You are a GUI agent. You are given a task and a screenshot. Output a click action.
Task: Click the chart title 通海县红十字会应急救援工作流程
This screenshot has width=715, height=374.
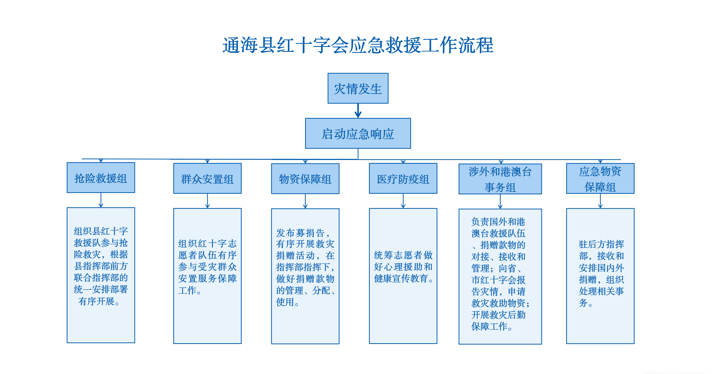[358, 45]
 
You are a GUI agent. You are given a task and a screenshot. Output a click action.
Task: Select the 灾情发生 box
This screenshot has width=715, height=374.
[358, 88]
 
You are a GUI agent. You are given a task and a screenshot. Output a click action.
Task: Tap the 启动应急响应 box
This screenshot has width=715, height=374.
[358, 133]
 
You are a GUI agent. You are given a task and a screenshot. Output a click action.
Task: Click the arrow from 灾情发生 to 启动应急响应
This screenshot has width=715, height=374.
[358, 111]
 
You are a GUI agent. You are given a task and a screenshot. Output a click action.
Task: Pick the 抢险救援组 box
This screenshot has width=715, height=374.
[101, 178]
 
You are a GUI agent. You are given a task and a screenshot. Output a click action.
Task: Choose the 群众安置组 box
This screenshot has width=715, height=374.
[207, 178]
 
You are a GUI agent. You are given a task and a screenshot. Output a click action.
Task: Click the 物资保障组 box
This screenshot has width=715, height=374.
[305, 179]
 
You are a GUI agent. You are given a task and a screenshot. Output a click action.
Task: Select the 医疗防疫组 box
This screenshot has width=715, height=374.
[403, 178]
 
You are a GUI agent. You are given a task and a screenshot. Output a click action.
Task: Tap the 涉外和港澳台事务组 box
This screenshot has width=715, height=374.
[500, 179]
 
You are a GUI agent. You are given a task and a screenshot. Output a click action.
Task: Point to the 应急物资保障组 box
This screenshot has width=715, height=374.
[600, 178]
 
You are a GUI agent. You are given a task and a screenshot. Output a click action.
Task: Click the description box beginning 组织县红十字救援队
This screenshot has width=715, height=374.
[101, 275]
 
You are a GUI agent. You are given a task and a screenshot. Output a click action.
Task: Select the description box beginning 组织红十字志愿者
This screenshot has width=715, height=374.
[207, 276]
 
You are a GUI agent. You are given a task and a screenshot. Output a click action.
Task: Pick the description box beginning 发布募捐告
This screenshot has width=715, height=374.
[305, 276]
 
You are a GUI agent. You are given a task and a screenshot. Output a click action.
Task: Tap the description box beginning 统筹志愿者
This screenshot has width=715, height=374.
[403, 276]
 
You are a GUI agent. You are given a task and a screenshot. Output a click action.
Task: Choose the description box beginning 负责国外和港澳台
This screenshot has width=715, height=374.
[500, 277]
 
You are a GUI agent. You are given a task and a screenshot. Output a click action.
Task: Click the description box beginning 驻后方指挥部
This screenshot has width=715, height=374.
[600, 276]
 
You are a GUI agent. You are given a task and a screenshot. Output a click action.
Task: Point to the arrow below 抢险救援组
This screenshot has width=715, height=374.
[101, 200]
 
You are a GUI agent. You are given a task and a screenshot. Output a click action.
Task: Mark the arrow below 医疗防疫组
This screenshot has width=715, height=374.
[403, 201]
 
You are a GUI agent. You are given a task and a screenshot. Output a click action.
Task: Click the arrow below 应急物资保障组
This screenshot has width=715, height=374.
[600, 201]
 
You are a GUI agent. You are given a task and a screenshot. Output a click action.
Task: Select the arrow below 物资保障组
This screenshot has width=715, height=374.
[305, 201]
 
